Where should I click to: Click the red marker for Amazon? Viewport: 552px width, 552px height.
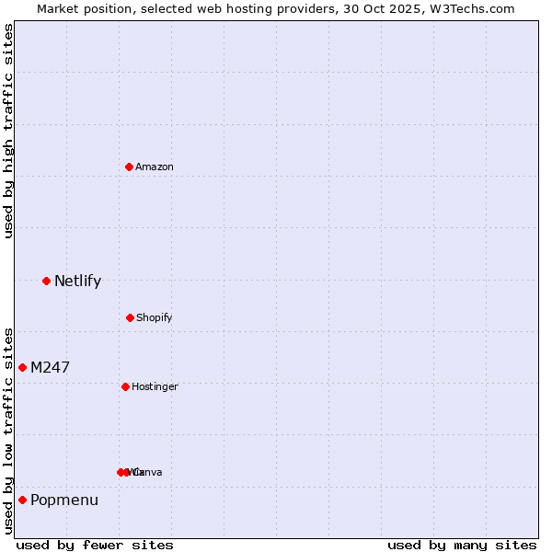[129, 167]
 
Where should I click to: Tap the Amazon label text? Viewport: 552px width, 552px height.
[155, 167]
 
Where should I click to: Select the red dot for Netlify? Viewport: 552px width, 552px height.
[46, 281]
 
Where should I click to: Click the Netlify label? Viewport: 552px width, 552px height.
[77, 281]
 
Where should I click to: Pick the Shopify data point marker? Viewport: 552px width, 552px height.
[130, 317]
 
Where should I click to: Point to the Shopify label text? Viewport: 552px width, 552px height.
[155, 317]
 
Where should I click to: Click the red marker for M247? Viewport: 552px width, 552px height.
[22, 367]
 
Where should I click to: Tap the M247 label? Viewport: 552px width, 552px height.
[50, 367]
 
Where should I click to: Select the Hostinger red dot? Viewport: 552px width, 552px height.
[125, 386]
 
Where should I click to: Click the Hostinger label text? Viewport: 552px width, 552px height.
[155, 386]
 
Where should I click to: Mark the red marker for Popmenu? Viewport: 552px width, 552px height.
[22, 500]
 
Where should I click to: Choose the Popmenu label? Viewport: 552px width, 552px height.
[64, 500]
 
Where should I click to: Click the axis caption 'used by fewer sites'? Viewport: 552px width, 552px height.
[94, 545]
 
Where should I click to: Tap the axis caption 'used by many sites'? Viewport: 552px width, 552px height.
[462, 545]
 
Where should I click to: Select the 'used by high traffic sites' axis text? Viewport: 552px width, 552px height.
[8, 131]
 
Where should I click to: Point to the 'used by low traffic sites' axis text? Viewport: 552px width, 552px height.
[8, 430]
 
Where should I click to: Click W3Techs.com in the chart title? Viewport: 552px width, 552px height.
[474, 8]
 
